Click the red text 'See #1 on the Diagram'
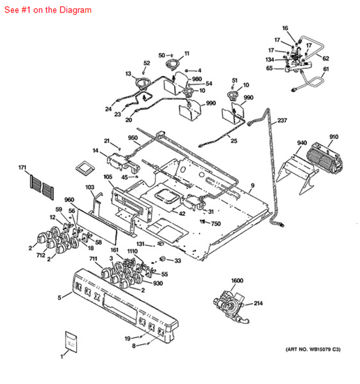(47, 10)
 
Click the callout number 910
(334, 136)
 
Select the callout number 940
(301, 143)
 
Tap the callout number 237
(282, 120)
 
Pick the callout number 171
(22, 168)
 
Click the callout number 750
(216, 223)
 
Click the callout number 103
(89, 187)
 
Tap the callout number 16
(285, 28)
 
